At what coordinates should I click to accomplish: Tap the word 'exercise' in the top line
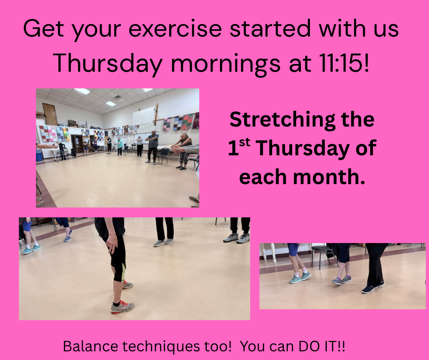pyautogui.click(x=176, y=29)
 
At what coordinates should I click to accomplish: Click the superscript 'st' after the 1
pyautogui.click(x=248, y=143)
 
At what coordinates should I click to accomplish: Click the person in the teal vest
pyautogui.click(x=120, y=145)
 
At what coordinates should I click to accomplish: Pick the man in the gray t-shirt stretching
pyautogui.click(x=152, y=145)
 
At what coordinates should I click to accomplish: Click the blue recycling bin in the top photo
pyautogui.click(x=39, y=155)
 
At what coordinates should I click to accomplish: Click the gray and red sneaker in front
pyautogui.click(x=122, y=307)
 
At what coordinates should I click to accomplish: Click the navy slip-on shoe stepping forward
pyautogui.click(x=367, y=288)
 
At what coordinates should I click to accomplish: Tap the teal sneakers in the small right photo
pyautogui.click(x=299, y=277)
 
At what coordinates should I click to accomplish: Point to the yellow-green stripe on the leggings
pyautogui.click(x=122, y=272)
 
